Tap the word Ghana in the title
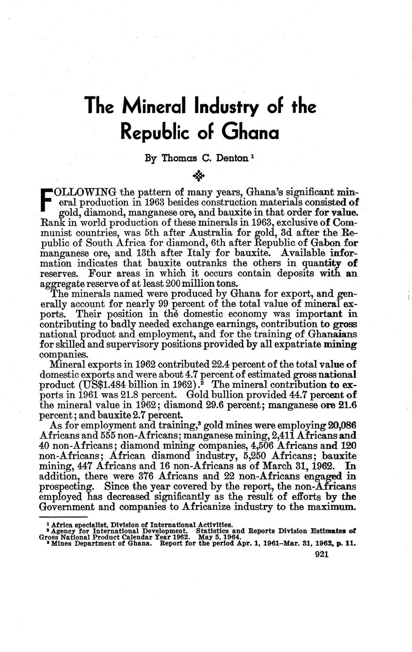[250, 131]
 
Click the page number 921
[321, 556]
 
